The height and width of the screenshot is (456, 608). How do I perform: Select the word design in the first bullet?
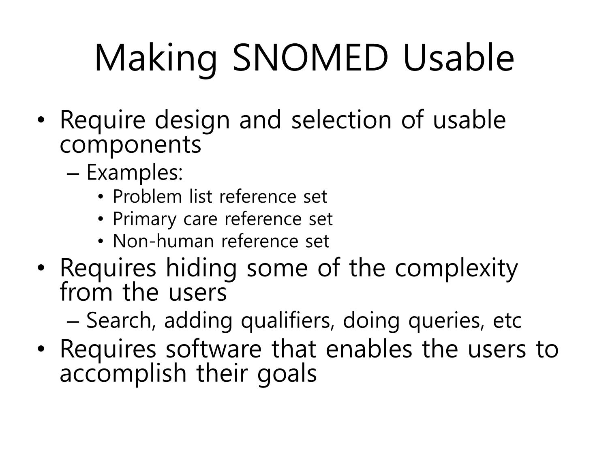(192, 121)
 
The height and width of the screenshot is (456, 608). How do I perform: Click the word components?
(131, 145)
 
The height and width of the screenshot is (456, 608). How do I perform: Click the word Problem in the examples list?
(147, 196)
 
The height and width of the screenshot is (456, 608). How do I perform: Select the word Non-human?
(163, 241)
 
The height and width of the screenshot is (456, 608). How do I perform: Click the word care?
(200, 220)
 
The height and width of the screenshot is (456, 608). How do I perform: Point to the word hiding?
(201, 269)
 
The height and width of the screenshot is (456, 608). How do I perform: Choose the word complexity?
(456, 269)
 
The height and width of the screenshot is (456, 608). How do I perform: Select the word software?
(214, 349)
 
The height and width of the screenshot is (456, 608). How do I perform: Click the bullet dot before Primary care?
(101, 219)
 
